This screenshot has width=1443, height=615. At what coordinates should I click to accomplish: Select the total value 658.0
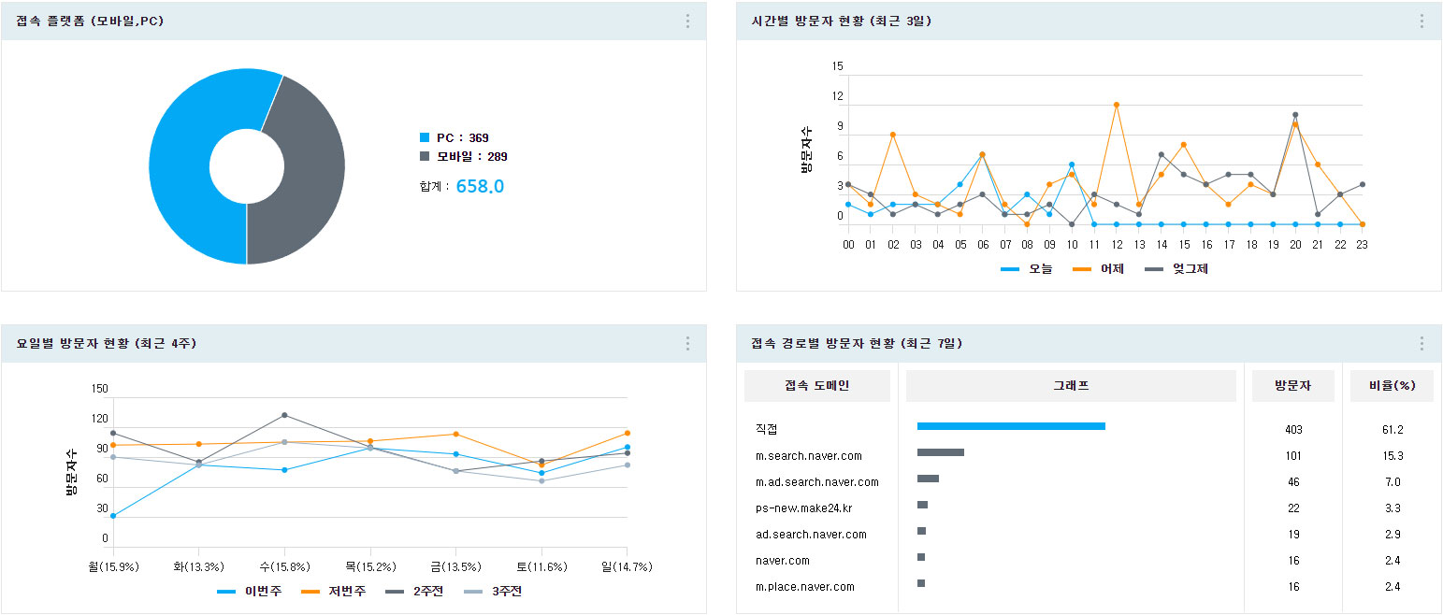click(x=480, y=186)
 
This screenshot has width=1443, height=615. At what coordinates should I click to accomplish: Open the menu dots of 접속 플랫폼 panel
click(x=687, y=21)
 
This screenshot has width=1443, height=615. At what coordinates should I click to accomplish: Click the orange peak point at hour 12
click(x=1117, y=105)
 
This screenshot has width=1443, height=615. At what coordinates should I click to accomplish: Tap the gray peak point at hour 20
click(x=1295, y=115)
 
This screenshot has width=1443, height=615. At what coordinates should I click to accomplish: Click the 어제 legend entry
click(x=1101, y=269)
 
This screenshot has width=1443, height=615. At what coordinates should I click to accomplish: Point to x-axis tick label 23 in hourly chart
click(x=1363, y=244)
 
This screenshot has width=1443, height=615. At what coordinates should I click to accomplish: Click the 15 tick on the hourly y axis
click(x=837, y=66)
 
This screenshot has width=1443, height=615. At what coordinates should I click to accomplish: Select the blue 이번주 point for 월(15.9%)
click(x=113, y=516)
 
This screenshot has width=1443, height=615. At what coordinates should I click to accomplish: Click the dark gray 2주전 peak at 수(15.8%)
click(x=284, y=415)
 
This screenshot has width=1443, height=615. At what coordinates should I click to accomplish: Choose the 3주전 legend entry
click(x=496, y=592)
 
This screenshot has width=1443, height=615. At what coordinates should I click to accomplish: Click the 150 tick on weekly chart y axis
click(x=99, y=389)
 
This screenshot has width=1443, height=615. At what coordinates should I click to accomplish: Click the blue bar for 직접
click(x=1011, y=426)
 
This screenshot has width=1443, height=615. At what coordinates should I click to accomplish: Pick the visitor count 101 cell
click(x=1294, y=456)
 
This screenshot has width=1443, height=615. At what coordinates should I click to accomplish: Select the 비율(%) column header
click(x=1392, y=385)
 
